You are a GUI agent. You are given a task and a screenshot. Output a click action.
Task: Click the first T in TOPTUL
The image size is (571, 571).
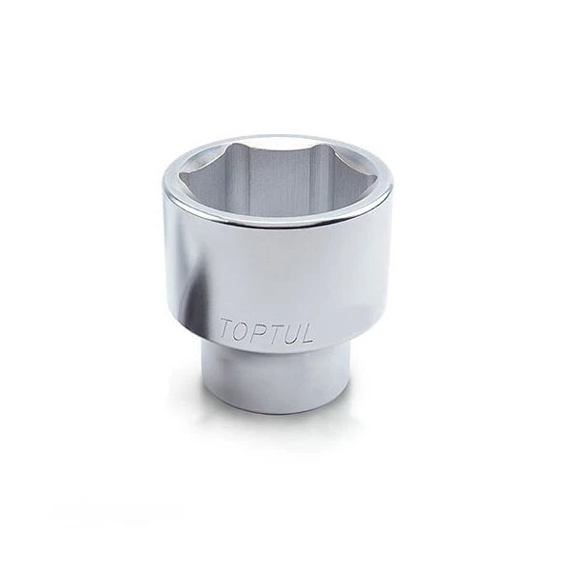click(226, 329)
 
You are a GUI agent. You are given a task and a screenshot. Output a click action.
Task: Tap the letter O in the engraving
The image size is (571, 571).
click(242, 331)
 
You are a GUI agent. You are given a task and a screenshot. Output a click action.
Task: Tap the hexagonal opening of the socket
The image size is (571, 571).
click(278, 180)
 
